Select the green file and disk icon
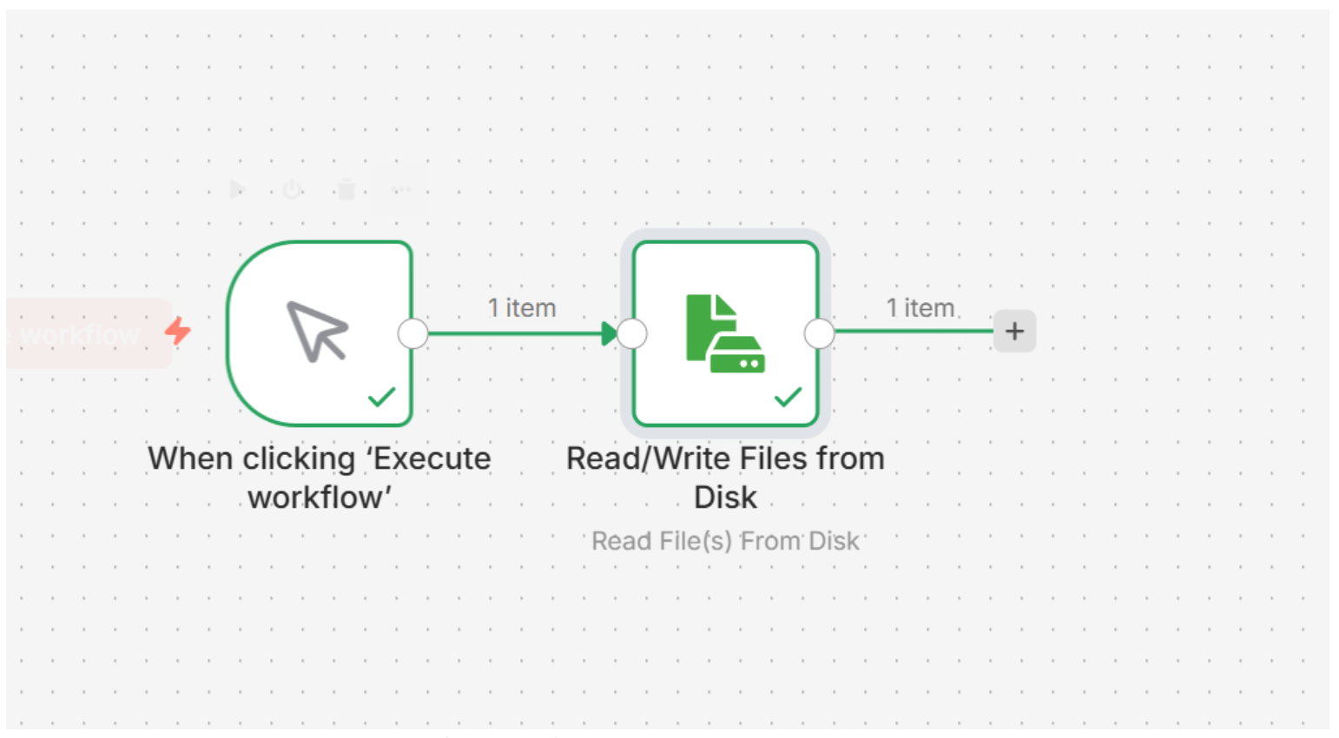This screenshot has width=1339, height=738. click(x=725, y=333)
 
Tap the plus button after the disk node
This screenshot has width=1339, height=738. click(x=1014, y=331)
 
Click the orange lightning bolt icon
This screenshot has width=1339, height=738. click(x=178, y=331)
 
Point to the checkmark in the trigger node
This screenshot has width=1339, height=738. click(x=381, y=397)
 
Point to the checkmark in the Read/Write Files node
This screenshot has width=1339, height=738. click(x=788, y=398)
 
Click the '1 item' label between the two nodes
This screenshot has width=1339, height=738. click(x=522, y=308)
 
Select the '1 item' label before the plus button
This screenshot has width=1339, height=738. click(x=920, y=308)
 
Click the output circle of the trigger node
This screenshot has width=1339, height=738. click(x=413, y=333)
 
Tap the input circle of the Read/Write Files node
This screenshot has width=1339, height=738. click(x=632, y=333)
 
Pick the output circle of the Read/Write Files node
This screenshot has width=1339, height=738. click(x=819, y=333)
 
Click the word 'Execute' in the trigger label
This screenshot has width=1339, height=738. click(x=432, y=458)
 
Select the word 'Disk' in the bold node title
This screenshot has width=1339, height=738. click(x=725, y=497)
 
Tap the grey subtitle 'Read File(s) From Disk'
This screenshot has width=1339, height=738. click(x=725, y=541)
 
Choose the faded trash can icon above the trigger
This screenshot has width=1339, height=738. click(x=346, y=189)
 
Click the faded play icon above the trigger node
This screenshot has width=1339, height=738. click(x=237, y=189)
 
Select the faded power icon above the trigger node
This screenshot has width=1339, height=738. click(x=292, y=189)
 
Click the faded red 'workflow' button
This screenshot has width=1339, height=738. click(x=82, y=334)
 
